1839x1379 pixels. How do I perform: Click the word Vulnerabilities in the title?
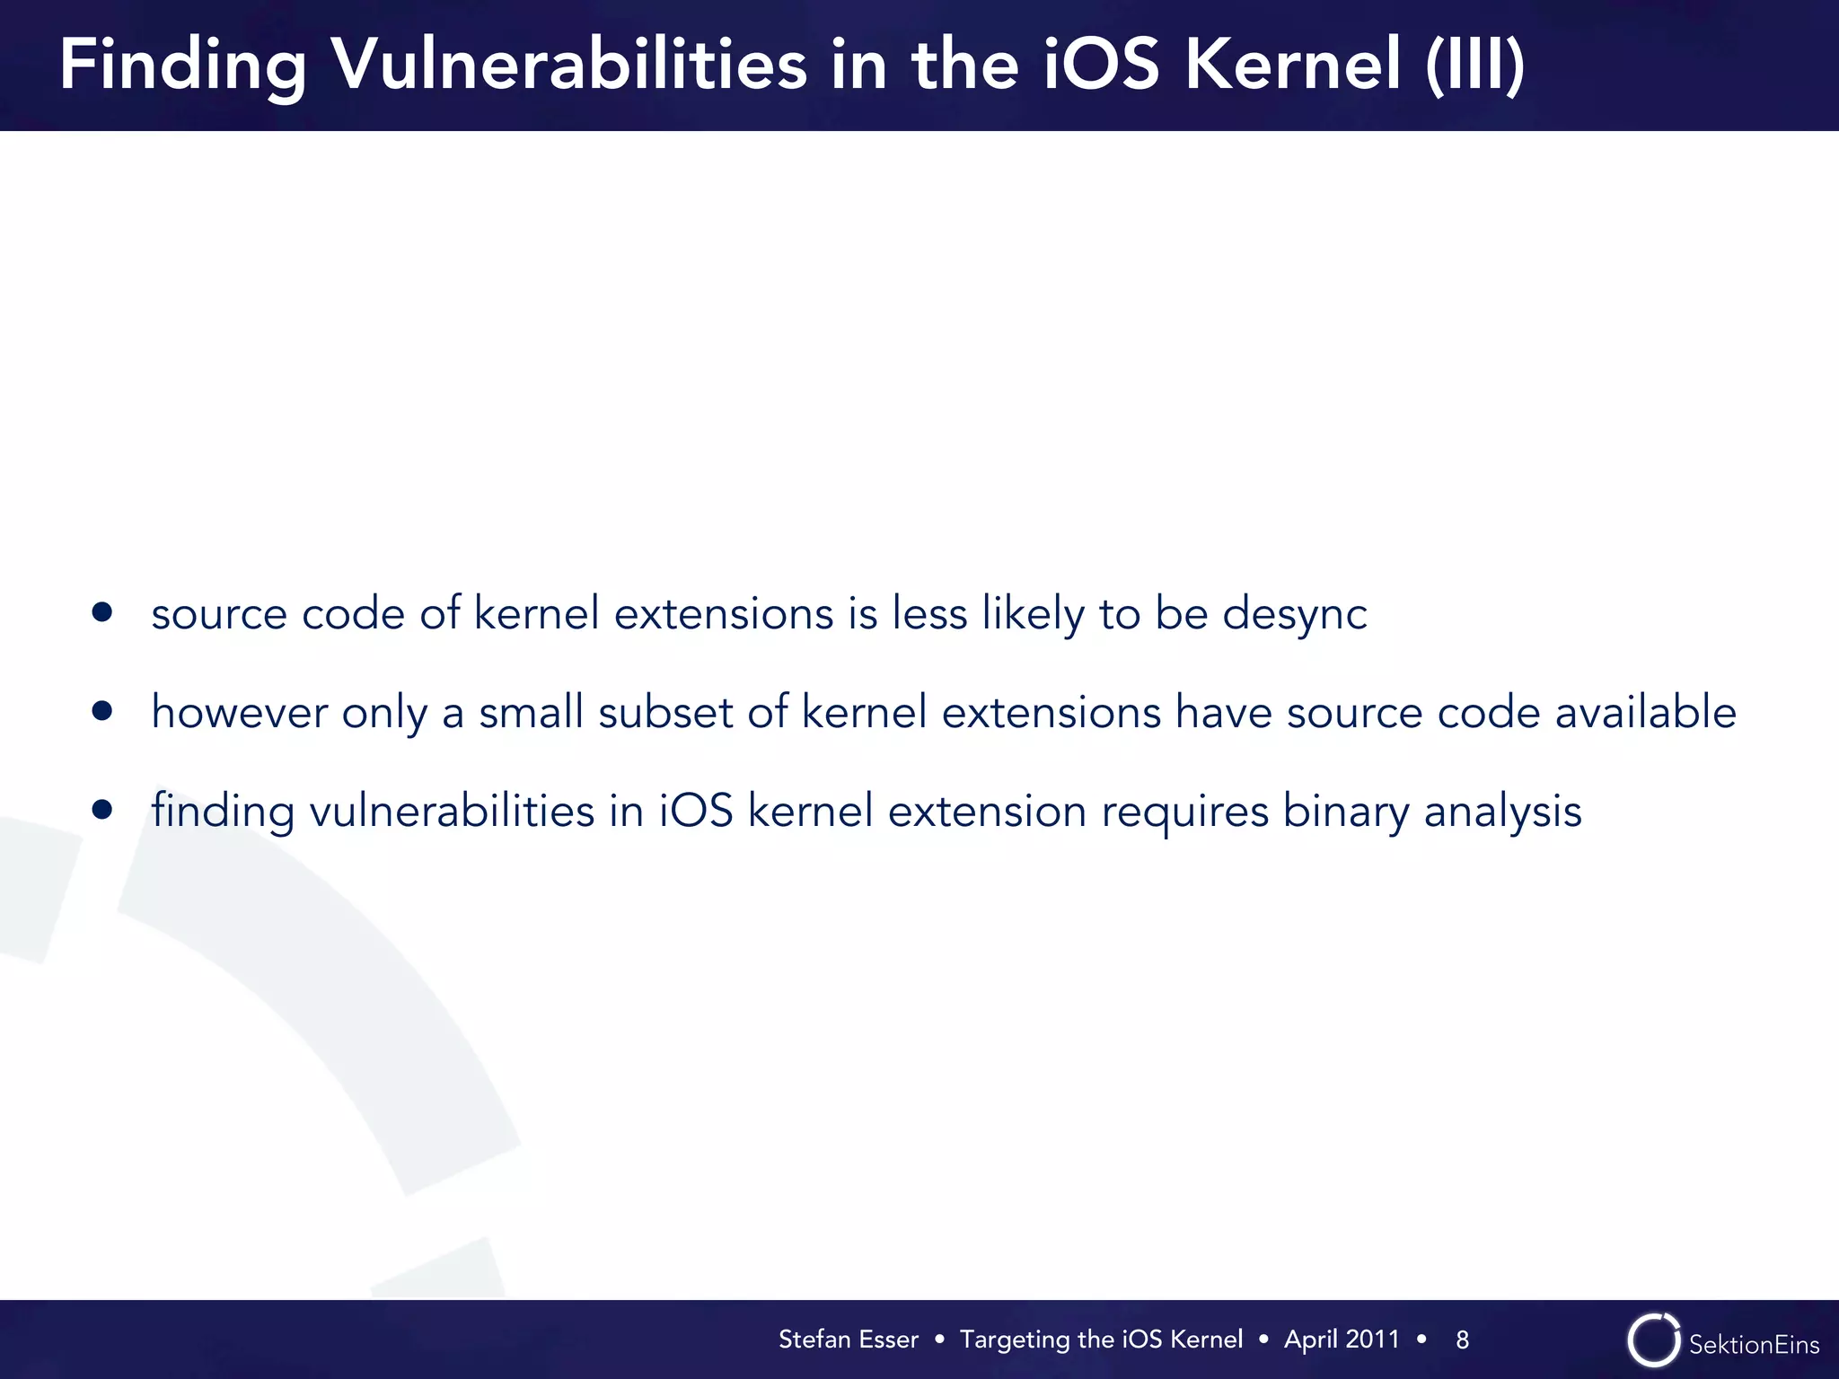(x=569, y=65)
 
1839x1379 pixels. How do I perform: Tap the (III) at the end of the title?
(x=1474, y=65)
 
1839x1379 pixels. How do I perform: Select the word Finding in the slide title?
(x=183, y=65)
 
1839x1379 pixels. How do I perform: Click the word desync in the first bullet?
(x=1294, y=614)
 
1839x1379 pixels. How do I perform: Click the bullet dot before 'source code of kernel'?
(x=102, y=612)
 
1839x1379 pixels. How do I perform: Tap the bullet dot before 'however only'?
(x=102, y=711)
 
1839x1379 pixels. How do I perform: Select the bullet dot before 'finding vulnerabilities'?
(x=102, y=810)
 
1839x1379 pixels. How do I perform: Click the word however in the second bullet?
(x=239, y=713)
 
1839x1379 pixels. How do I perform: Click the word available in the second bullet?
(x=1645, y=713)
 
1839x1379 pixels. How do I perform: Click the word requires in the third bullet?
(x=1184, y=812)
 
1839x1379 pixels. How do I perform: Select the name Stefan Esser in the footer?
(x=848, y=1339)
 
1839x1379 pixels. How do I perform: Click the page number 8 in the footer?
(x=1462, y=1339)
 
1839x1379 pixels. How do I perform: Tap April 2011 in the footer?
(x=1342, y=1339)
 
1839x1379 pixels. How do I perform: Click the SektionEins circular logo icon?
(x=1653, y=1340)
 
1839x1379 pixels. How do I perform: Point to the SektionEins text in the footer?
(x=1754, y=1344)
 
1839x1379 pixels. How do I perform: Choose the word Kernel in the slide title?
(x=1292, y=65)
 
